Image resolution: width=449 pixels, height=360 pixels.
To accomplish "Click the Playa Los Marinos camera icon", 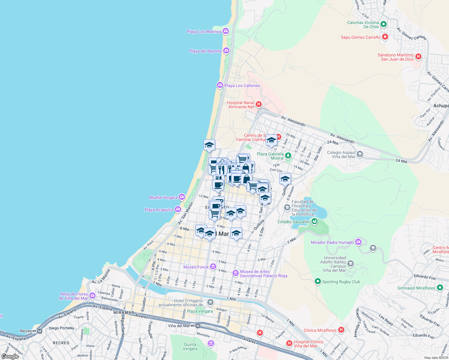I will (226, 31).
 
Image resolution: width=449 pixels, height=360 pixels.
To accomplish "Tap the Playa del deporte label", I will (205, 51).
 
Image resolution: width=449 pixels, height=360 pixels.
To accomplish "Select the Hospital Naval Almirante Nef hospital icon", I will (259, 104).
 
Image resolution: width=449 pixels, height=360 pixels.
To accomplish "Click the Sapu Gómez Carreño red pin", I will (385, 37).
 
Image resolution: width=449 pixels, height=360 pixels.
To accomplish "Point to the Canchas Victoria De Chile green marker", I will (383, 24).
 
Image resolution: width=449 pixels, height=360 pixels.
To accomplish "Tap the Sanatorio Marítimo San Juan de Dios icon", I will (418, 56).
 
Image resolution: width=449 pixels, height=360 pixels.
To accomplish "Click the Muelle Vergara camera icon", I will (182, 197).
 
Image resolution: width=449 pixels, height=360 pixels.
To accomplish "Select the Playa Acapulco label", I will (159, 210).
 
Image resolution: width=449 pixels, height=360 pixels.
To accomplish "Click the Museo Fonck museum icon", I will (213, 267).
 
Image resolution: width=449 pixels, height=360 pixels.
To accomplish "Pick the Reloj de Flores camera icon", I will (92, 295).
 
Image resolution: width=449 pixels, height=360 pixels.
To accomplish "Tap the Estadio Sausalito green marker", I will (315, 221).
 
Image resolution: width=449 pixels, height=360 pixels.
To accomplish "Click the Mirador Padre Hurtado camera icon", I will (358, 242).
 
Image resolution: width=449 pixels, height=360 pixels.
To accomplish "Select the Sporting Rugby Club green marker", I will (318, 281).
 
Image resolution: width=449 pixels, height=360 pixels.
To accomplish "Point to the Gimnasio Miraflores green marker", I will (440, 288).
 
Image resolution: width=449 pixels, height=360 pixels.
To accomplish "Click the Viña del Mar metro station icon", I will (197, 325).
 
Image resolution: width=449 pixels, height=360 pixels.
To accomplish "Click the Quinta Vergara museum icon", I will (211, 343).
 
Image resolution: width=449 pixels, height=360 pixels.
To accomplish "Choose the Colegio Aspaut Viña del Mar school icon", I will (360, 154).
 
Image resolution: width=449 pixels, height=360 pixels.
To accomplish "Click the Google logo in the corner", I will (10, 356).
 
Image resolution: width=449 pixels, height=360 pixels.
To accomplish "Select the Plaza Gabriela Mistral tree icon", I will (288, 155).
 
